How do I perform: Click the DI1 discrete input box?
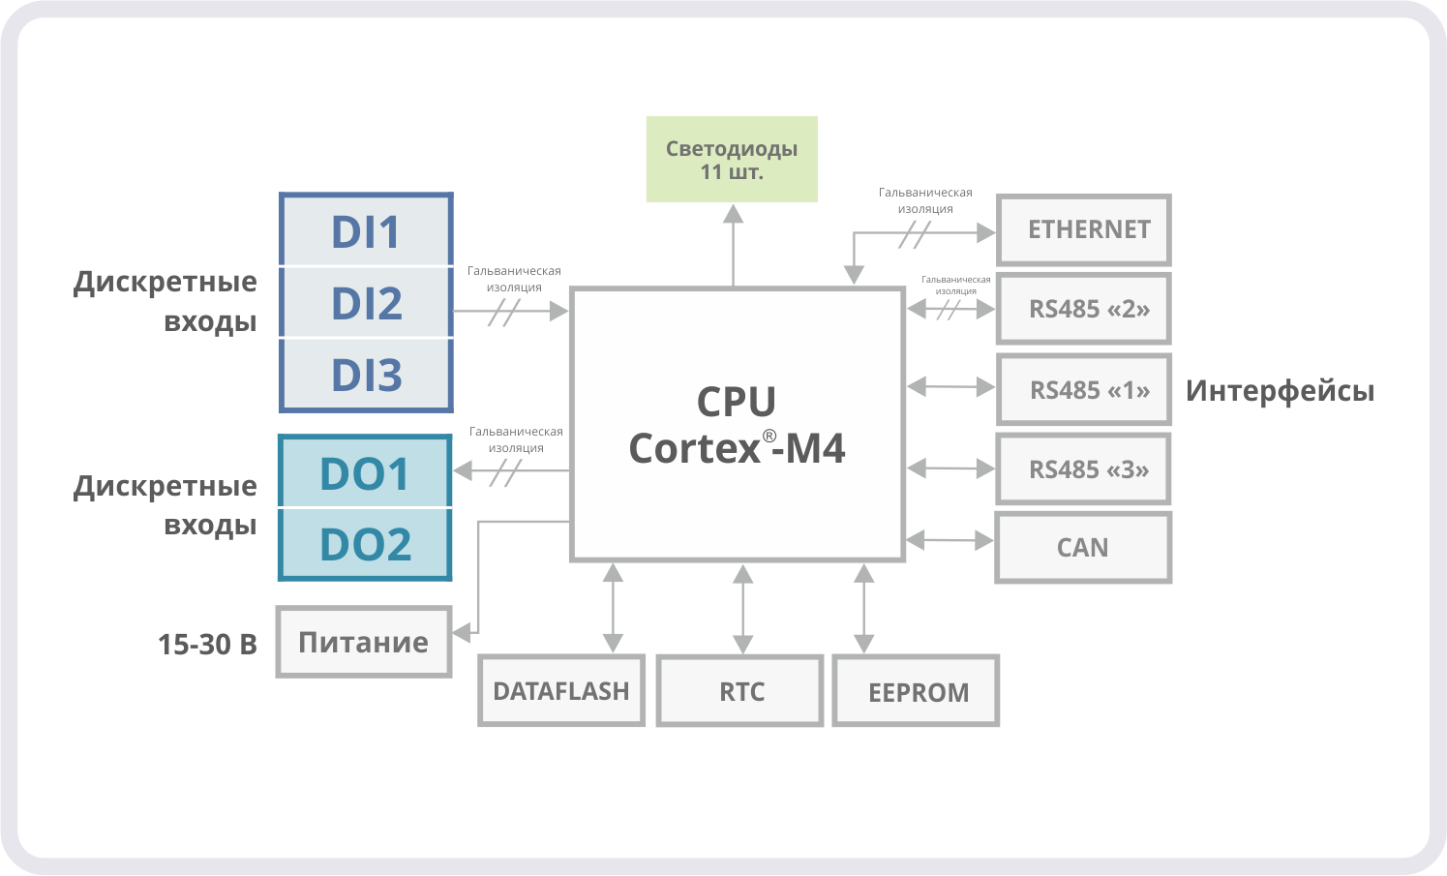pos(366,230)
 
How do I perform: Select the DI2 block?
pos(366,303)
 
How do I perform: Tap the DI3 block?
pos(366,375)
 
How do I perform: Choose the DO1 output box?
pos(365,472)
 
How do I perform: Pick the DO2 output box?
pos(365,544)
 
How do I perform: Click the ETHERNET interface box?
pos(1084,229)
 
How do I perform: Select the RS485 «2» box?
pos(1084,309)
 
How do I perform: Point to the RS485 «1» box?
pos(1084,389)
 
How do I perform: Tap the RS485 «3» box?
pos(1084,469)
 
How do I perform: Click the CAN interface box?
pos(1083,548)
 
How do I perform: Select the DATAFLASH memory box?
pos(561,691)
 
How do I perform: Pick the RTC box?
pos(740,691)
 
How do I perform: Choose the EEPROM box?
pos(916,691)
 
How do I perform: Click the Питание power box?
pos(364,642)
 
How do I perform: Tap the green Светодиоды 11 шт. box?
pos(732,160)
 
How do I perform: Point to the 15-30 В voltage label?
pos(207,644)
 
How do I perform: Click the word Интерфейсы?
pos(1280,391)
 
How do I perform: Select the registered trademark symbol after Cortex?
pos(769,436)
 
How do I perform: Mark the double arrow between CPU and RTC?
pos(742,609)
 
